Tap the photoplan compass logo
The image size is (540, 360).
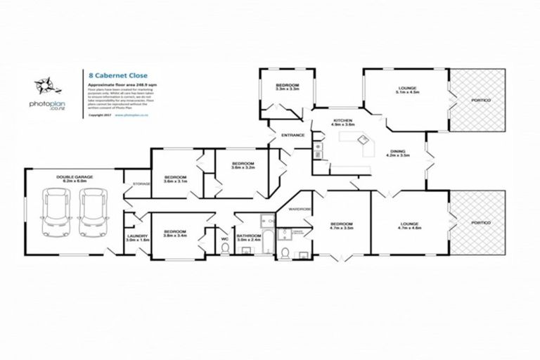pyautogui.click(x=45, y=89)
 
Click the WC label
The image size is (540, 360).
pyautogui.click(x=225, y=238)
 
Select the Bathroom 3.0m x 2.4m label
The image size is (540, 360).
pyautogui.click(x=249, y=238)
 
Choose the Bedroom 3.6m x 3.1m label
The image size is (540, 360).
pyautogui.click(x=174, y=179)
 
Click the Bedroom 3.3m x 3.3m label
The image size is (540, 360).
pyautogui.click(x=288, y=86)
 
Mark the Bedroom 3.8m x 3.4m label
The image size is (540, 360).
pyautogui.click(x=174, y=233)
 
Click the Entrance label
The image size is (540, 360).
pyautogui.click(x=292, y=135)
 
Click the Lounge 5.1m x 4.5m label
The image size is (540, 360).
pyautogui.click(x=407, y=89)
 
